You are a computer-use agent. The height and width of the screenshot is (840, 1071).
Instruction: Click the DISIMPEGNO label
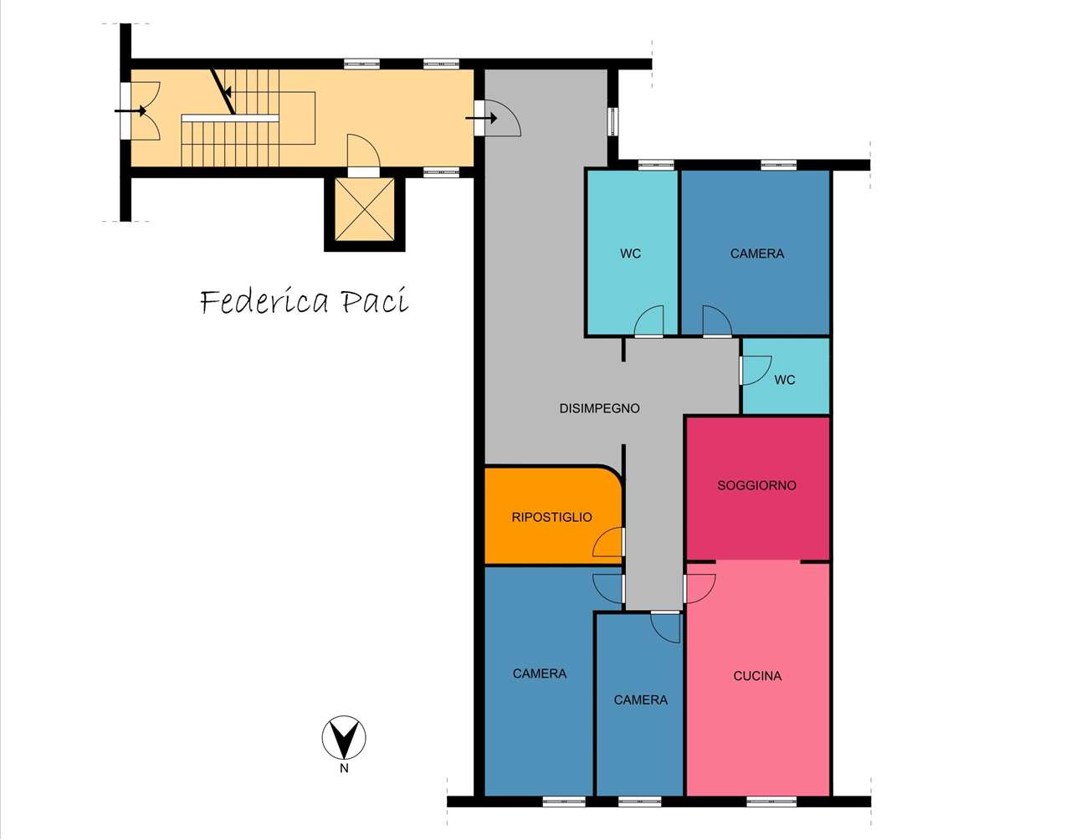[x=599, y=408]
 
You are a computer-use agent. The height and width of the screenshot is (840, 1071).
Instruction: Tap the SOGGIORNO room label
[x=756, y=486]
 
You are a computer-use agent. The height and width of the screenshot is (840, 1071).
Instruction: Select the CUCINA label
[x=757, y=676]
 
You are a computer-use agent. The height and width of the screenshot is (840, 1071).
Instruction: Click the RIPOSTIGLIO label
[x=551, y=517]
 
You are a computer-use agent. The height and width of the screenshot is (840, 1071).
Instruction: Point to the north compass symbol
[x=344, y=738]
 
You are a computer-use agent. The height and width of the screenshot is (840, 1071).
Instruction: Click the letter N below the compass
[x=344, y=768]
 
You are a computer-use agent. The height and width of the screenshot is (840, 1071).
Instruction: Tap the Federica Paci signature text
[x=305, y=301]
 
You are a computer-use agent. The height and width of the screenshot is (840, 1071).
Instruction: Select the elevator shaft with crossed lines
[x=365, y=209]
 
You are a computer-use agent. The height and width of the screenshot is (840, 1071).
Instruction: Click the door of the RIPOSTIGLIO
[x=608, y=542]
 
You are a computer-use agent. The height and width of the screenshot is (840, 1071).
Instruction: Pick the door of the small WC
[x=755, y=370]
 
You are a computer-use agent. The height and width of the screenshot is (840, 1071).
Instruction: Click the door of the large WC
[x=648, y=321]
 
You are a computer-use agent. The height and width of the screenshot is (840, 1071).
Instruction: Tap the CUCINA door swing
[x=699, y=588]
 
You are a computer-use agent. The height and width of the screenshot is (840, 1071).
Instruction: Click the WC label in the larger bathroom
[x=630, y=254]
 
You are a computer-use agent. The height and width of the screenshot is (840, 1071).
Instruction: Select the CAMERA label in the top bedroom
[x=757, y=254]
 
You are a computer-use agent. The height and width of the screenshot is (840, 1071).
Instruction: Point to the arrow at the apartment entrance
[x=481, y=118]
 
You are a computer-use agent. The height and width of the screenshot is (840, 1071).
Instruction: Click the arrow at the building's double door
[x=131, y=110]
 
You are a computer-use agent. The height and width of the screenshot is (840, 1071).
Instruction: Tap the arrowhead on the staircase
[x=228, y=92]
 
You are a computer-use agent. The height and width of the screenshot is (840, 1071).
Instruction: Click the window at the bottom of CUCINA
[x=771, y=802]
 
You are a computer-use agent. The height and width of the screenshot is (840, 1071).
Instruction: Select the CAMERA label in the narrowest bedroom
[x=641, y=700]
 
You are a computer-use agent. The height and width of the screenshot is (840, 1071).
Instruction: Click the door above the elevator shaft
[x=364, y=153]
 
